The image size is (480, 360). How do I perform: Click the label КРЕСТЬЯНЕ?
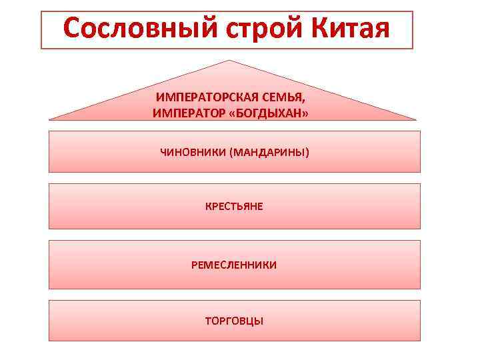(234, 206)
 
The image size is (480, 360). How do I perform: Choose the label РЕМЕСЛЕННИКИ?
(234, 265)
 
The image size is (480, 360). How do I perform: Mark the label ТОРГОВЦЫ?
(234, 321)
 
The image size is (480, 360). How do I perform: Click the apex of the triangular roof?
(230, 61)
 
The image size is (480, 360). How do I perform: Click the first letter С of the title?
(73, 29)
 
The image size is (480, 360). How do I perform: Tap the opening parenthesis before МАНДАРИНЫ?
(231, 153)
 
